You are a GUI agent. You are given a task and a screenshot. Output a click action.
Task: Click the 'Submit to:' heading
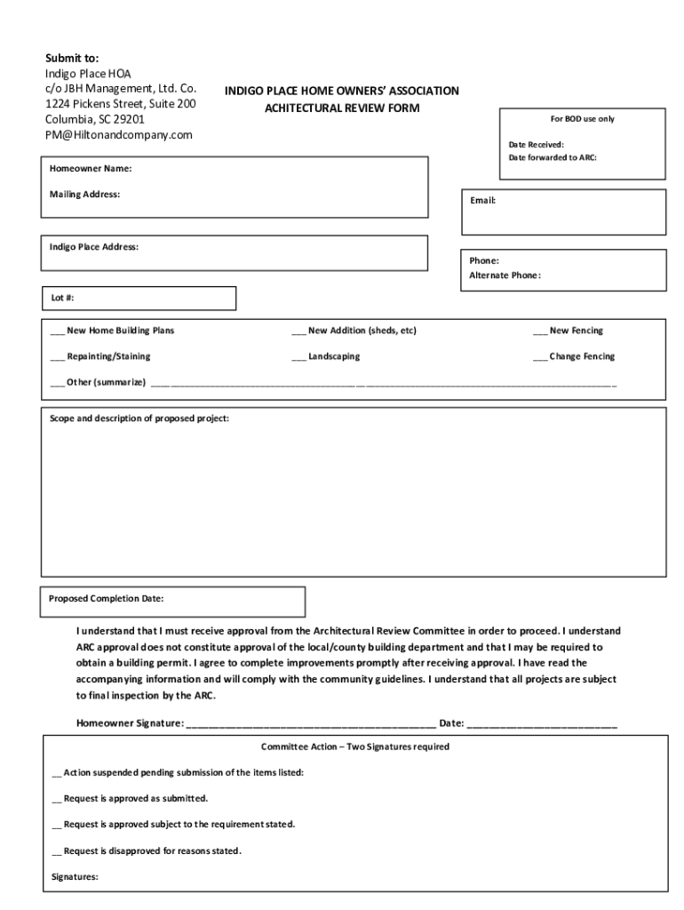tap(72, 58)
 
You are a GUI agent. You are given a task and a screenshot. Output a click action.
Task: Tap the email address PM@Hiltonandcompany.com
tap(119, 135)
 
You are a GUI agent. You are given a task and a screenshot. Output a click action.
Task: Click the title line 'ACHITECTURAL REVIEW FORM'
tap(342, 108)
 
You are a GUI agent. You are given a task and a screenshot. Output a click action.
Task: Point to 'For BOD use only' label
tap(582, 119)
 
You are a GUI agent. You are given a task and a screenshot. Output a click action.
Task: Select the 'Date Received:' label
tap(536, 144)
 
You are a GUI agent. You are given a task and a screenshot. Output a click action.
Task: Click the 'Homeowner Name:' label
tap(91, 168)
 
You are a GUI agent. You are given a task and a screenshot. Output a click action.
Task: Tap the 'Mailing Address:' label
tap(84, 194)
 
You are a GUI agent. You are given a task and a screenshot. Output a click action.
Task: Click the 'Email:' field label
tap(482, 201)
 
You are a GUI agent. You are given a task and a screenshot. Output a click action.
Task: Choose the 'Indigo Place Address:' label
tap(93, 246)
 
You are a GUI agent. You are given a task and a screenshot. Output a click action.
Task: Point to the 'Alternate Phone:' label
tap(505, 275)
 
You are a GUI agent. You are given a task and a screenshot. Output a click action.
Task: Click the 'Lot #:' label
tap(61, 299)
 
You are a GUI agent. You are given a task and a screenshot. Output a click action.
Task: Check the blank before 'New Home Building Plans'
tap(58, 331)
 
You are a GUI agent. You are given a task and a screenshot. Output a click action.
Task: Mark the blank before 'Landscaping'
tap(299, 357)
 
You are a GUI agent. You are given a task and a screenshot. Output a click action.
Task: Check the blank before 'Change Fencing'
tap(540, 357)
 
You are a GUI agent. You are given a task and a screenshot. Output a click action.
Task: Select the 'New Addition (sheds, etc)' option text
tap(362, 331)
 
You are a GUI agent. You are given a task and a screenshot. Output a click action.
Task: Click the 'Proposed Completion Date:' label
tap(106, 598)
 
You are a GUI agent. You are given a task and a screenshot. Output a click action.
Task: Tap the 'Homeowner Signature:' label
tap(130, 723)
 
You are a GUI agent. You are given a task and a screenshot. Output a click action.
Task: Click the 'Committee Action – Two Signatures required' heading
tap(354, 746)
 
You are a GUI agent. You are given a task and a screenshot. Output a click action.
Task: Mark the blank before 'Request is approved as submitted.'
tap(57, 799)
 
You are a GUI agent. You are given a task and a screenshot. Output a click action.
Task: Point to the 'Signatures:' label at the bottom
tap(75, 877)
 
